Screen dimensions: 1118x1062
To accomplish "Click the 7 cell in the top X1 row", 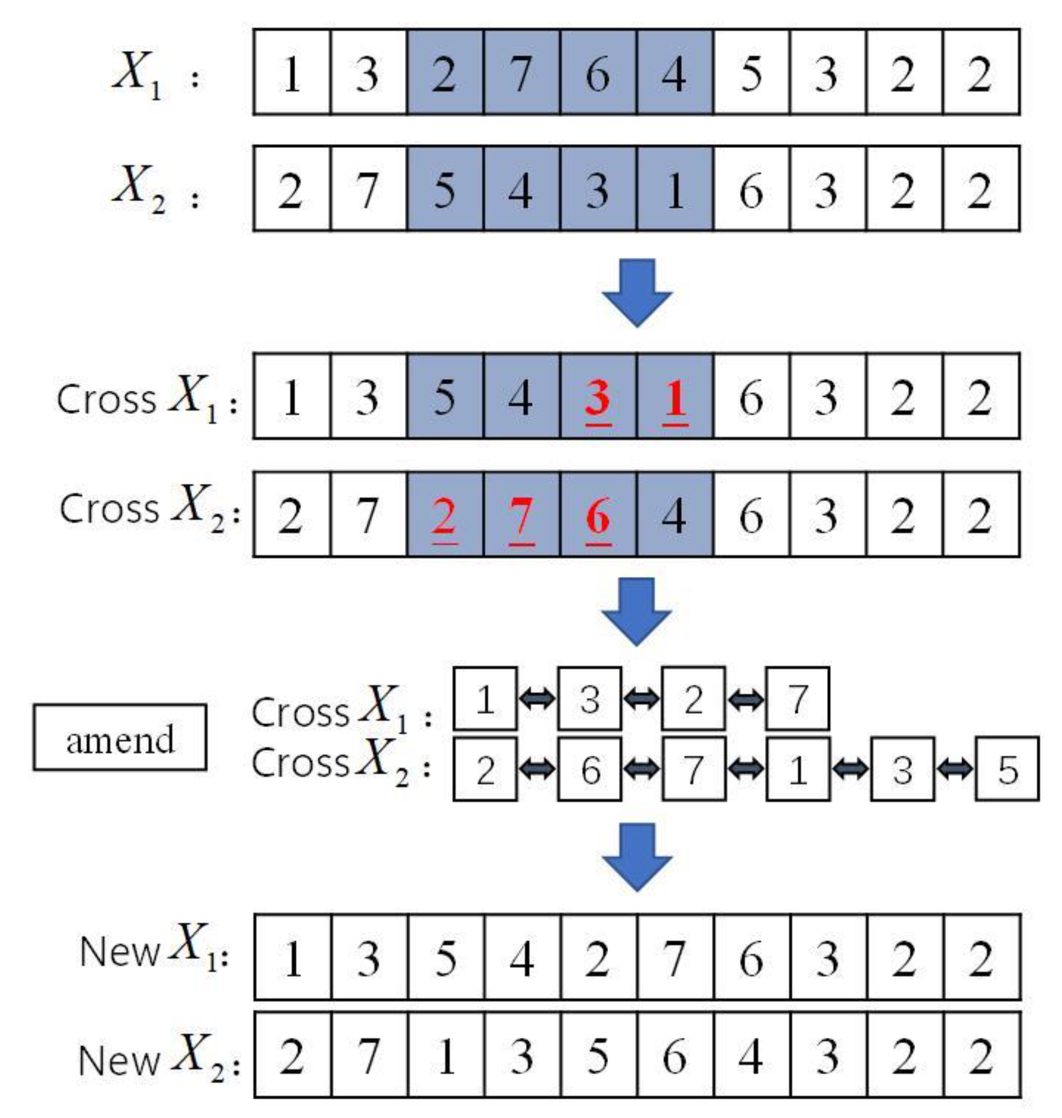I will tap(521, 72).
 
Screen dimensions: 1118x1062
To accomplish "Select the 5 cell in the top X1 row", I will tap(751, 72).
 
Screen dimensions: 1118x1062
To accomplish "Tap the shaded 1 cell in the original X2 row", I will tap(675, 190).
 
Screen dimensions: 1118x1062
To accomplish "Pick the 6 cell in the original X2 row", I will tap(751, 190).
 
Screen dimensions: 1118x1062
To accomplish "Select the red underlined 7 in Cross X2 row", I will tap(521, 515).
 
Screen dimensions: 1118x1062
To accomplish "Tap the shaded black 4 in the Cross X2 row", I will tap(675, 515).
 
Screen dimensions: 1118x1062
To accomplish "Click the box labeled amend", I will tap(120, 737).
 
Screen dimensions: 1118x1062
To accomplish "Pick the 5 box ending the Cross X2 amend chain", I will tap(1007, 769).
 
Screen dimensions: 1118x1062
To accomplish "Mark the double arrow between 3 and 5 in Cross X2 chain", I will tap(955, 769).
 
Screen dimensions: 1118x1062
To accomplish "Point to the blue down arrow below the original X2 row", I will tap(637, 292).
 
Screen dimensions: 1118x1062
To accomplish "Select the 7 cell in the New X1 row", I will tap(675, 958).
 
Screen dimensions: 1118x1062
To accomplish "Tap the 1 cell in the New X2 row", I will tap(446, 1056).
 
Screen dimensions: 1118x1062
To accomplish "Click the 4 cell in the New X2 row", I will tap(751, 1056).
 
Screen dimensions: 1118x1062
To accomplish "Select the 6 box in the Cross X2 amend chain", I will tap(590, 769).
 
